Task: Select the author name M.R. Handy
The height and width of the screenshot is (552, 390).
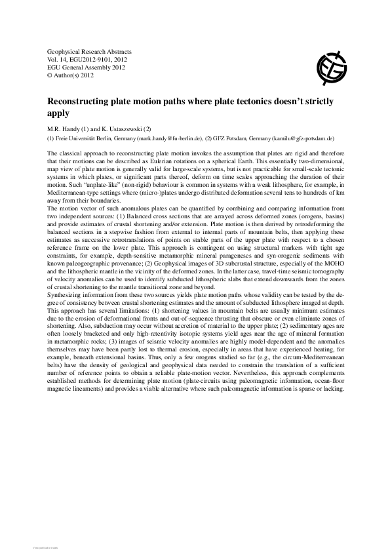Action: (67, 128)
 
